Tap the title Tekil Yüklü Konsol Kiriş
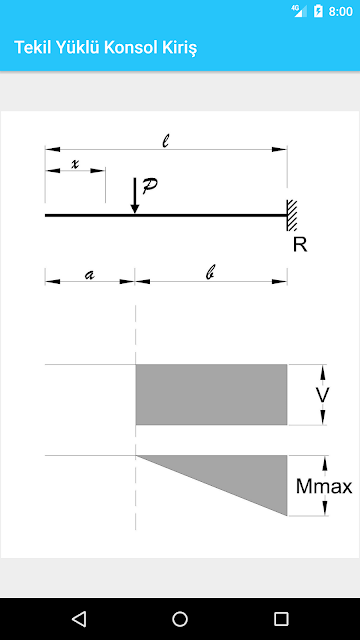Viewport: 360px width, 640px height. tap(106, 48)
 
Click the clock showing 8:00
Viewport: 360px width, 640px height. tap(340, 11)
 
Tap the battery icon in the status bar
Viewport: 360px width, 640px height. tap(318, 11)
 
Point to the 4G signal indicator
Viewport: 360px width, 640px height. tap(299, 11)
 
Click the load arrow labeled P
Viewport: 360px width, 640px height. tap(135, 196)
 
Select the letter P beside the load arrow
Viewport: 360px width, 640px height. tap(149, 186)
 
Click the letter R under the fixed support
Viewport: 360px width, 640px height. tap(300, 245)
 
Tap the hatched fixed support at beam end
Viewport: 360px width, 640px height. tap(291, 216)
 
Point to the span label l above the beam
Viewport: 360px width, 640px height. tap(165, 141)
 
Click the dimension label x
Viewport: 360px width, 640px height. tap(75, 164)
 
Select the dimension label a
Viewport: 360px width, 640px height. tap(89, 275)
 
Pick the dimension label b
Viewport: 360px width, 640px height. tap(210, 274)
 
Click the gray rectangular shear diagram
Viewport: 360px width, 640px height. tap(211, 394)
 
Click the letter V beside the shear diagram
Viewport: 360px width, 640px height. tap(322, 395)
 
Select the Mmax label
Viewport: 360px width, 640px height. tap(324, 486)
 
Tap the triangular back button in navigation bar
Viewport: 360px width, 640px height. tap(78, 619)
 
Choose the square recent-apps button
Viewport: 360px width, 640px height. tap(281, 619)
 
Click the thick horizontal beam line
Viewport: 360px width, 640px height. tap(166, 215)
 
